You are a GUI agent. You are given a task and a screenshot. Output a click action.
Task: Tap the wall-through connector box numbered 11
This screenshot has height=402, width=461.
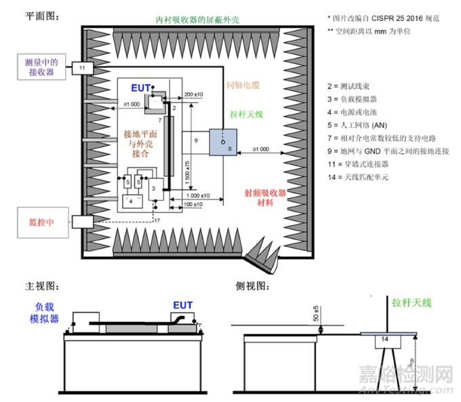(81, 68)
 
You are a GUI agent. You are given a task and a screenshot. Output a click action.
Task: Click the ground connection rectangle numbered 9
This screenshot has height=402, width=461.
(196, 140)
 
